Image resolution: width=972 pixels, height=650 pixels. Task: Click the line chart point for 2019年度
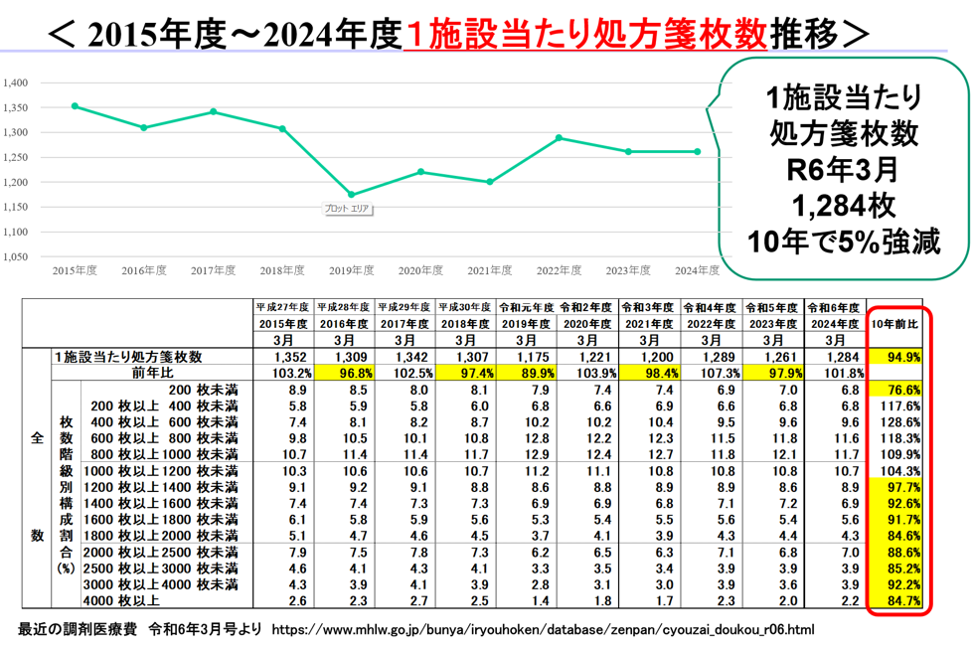[x=351, y=195]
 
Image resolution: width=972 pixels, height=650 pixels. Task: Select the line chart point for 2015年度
[x=75, y=106]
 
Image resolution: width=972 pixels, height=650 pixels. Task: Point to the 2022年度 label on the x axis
[x=560, y=270]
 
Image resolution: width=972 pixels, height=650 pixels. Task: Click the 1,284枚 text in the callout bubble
[x=843, y=206]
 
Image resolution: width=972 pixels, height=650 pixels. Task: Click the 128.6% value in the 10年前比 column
[x=898, y=421]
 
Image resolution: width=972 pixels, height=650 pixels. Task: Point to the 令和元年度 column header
[x=526, y=307]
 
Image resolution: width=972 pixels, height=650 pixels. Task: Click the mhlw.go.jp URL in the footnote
[x=543, y=629]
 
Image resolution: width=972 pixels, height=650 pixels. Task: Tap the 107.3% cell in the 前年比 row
[x=714, y=373]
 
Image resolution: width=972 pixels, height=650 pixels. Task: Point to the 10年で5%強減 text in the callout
[x=843, y=243]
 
